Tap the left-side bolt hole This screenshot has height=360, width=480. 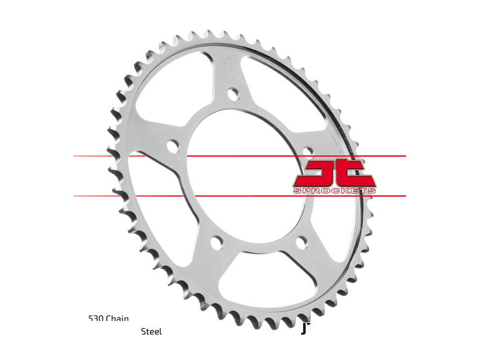pos(173,145)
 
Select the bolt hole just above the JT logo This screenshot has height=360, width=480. pos(307,150)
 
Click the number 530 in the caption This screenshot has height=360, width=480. pos(96,319)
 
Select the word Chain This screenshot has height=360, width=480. pos(118,319)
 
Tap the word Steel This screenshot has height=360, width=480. pos(151,331)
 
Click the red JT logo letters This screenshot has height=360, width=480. pos(334,173)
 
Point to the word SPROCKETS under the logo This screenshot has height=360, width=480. pos(334,191)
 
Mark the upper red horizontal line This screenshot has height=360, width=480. pos(240,156)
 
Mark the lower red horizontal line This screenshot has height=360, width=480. pos(240,196)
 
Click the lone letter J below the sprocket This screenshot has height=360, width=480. pos(304,328)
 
